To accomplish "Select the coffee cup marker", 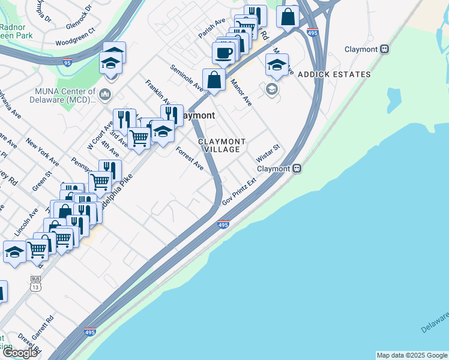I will [x=224, y=52].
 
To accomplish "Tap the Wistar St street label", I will [x=268, y=154].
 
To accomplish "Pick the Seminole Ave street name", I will [x=186, y=78].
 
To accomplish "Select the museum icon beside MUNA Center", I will [x=105, y=94].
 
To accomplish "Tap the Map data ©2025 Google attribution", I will [x=412, y=355].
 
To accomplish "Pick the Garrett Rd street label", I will [x=44, y=327].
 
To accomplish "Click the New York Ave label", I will [x=42, y=152].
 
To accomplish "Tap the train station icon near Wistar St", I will [x=297, y=169].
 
